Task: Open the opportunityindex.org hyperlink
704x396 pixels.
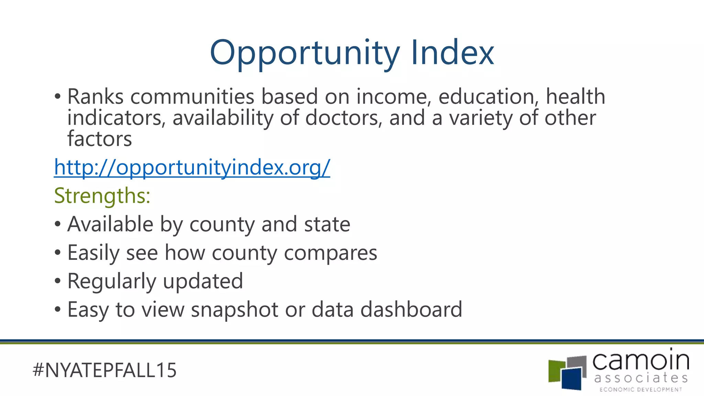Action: click(x=192, y=167)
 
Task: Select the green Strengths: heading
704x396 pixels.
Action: click(x=102, y=196)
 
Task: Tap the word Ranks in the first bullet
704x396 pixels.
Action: click(x=95, y=97)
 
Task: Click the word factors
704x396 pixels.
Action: click(x=99, y=139)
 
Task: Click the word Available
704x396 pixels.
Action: click(x=110, y=224)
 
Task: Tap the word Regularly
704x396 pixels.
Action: click(x=112, y=282)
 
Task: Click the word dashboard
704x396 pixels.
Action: click(x=411, y=309)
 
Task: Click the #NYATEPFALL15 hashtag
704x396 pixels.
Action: click(x=104, y=370)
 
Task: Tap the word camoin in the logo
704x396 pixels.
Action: click(x=641, y=361)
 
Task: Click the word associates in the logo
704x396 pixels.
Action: click(x=641, y=378)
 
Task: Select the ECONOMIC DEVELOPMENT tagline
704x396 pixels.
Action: click(x=641, y=389)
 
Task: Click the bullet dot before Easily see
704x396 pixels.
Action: click(x=58, y=253)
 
